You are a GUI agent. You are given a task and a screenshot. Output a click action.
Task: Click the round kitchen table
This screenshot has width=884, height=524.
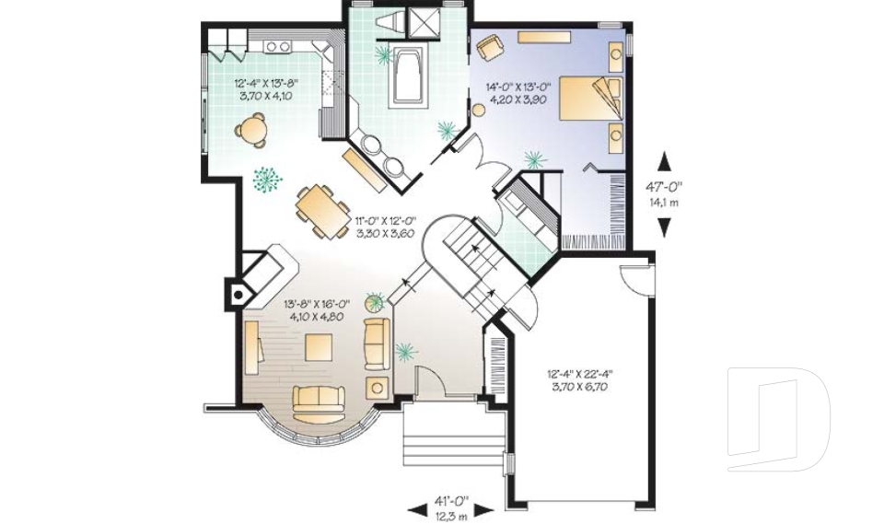click(x=251, y=129)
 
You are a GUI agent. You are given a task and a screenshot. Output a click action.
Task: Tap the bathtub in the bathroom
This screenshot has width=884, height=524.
click(x=406, y=77)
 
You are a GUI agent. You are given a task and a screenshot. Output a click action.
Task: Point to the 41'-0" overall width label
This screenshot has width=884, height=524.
click(x=451, y=506)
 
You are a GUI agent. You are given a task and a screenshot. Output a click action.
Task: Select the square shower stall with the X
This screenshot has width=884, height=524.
click(x=424, y=23)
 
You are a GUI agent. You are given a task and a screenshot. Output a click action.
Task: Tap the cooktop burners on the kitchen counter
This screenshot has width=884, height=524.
click(x=276, y=45)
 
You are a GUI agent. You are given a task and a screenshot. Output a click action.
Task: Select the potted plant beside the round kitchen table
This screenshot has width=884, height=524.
click(x=268, y=179)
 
